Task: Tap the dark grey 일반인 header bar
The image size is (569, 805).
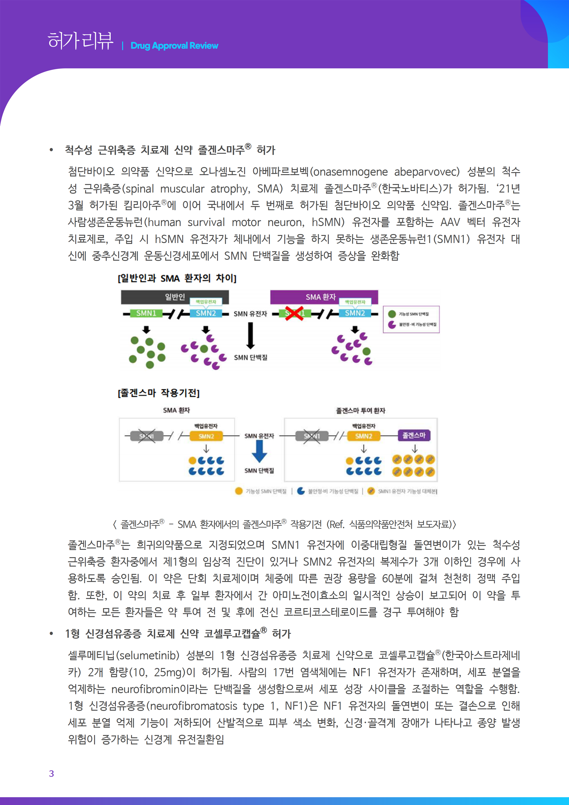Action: pyautogui.click(x=175, y=297)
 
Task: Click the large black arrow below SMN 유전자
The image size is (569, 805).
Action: pyautogui.click(x=250, y=335)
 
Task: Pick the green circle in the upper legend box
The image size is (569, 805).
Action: pyautogui.click(x=392, y=314)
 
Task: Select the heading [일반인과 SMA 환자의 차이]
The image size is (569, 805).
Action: pyautogui.click(x=177, y=278)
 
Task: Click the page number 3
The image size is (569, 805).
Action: pyautogui.click(x=52, y=773)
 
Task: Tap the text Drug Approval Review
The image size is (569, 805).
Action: pyautogui.click(x=174, y=46)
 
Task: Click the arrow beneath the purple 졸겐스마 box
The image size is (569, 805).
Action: pyautogui.click(x=414, y=449)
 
